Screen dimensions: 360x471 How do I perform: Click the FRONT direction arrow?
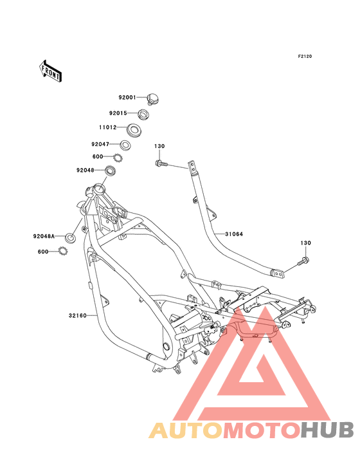coord(50,71)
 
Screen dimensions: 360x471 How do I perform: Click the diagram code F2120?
coord(305,56)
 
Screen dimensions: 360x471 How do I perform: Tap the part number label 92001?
coord(127,97)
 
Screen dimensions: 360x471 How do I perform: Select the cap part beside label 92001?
coord(153,99)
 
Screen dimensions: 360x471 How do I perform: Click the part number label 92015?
coord(118,113)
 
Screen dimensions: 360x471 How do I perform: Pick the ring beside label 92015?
coord(144,114)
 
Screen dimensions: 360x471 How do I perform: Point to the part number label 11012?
coord(108,127)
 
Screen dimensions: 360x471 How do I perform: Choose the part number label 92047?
coord(100,144)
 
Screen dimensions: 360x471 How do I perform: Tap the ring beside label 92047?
coord(125,145)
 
